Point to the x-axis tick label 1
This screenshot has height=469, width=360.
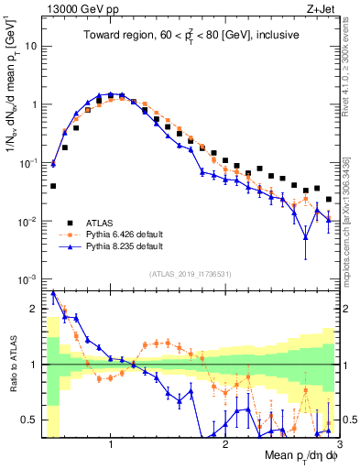[111, 444]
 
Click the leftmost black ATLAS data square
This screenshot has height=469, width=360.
[53, 186]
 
